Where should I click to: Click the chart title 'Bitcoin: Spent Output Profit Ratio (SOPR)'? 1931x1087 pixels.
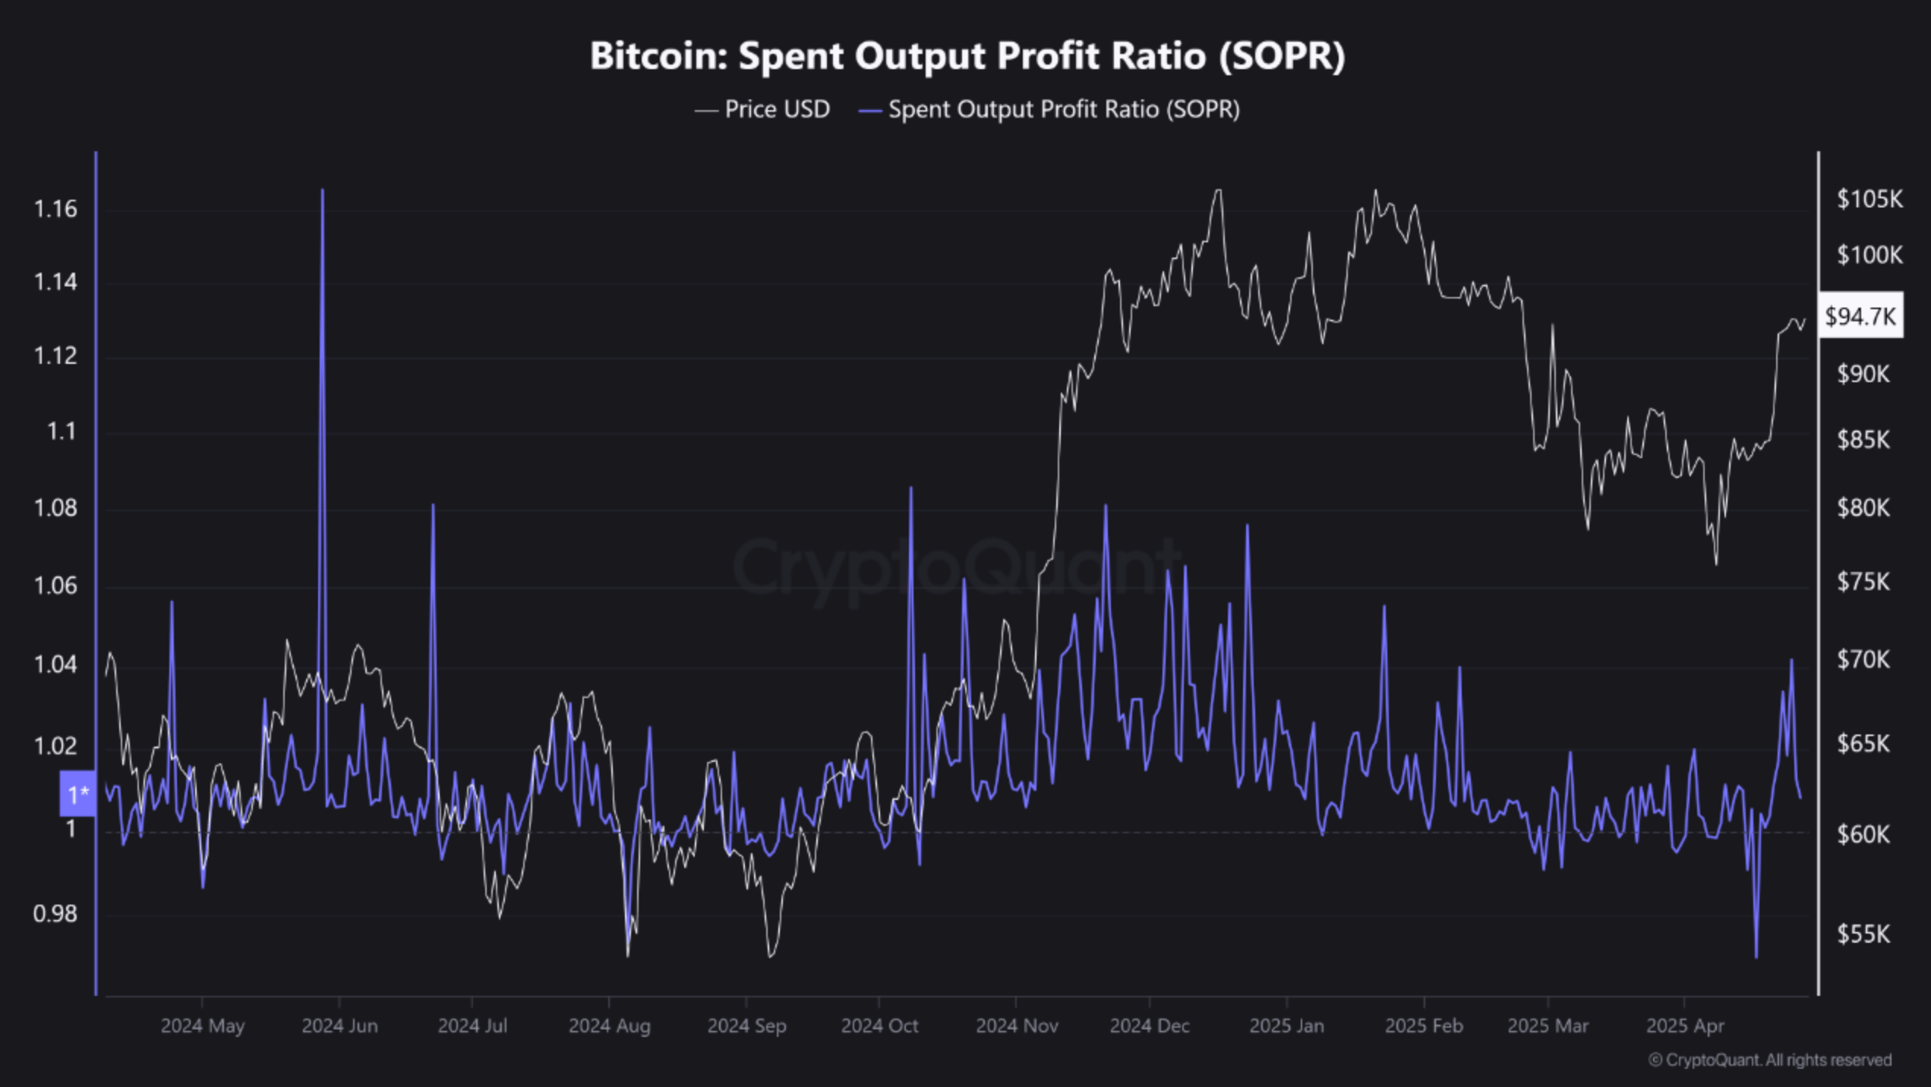[967, 56]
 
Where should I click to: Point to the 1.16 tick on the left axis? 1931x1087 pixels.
[55, 209]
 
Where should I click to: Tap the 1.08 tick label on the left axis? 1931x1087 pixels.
[55, 507]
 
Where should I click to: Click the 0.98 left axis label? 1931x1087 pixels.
[55, 913]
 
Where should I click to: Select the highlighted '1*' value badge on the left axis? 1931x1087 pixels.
[78, 794]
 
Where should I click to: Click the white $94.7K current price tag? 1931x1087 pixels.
[1860, 316]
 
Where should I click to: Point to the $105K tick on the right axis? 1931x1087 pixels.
[1869, 199]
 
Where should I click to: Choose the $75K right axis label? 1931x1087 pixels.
[1863, 582]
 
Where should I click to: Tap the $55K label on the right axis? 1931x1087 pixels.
[1863, 934]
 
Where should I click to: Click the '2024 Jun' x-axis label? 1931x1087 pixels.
[339, 1026]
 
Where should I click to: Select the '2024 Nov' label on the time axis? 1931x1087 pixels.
[1017, 1026]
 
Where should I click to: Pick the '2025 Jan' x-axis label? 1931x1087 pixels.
[1286, 1026]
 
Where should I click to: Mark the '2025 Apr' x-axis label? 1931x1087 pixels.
[1685, 1026]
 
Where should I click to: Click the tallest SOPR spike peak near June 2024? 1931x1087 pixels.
[323, 191]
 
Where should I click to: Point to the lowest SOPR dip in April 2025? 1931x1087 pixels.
[1756, 956]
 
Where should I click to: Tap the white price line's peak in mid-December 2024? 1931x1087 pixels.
[1219, 191]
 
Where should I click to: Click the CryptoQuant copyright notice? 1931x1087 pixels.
[1770, 1060]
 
